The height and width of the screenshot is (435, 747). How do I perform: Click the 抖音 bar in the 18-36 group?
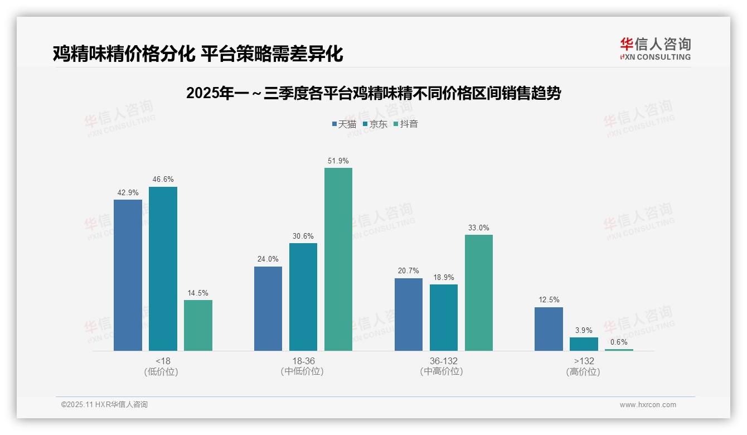(x=338, y=259)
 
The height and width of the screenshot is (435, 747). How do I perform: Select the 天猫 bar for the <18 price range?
(x=128, y=275)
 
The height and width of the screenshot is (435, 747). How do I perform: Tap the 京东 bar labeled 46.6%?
(x=163, y=269)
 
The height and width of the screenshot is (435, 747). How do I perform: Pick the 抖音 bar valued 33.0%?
(x=479, y=293)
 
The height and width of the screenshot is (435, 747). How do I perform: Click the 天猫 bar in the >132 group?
(x=549, y=329)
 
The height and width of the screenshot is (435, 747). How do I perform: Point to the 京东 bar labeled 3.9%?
(x=584, y=344)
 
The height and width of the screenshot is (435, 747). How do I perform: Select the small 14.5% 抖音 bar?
(x=198, y=325)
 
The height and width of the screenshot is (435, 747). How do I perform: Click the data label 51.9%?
(x=338, y=161)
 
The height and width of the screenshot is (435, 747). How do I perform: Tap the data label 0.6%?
(x=619, y=342)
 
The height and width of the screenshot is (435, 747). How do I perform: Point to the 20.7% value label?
(x=409, y=270)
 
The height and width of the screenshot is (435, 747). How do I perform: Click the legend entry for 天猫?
(x=343, y=124)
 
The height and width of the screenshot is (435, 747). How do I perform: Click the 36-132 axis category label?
(x=443, y=361)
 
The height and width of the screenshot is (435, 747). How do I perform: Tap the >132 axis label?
(x=584, y=361)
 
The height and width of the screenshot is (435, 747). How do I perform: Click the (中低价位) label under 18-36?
(x=302, y=371)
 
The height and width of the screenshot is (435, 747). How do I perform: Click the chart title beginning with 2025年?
(x=373, y=93)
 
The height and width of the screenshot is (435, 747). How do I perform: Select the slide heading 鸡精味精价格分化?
(x=197, y=54)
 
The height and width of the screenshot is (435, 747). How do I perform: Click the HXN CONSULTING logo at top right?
(x=655, y=49)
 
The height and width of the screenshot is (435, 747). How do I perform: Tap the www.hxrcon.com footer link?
(x=648, y=405)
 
